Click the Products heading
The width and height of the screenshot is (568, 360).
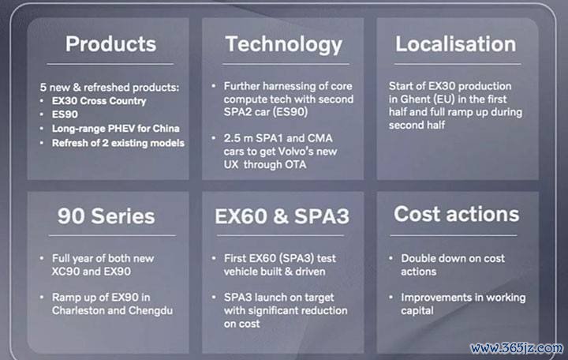click(110, 44)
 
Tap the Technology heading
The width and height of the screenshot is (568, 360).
click(284, 45)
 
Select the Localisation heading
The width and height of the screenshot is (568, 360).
click(456, 44)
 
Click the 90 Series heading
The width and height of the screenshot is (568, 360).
click(106, 216)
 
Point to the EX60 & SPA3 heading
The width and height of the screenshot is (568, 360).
click(282, 216)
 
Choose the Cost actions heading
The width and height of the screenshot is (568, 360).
click(457, 214)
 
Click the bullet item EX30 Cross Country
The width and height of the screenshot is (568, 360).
click(99, 101)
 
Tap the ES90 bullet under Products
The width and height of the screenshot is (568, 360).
click(65, 114)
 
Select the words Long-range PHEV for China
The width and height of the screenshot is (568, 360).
click(115, 129)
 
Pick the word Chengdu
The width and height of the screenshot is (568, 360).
click(151, 311)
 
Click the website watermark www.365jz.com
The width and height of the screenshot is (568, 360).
click(517, 348)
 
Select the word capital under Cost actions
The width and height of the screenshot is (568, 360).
click(417, 311)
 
